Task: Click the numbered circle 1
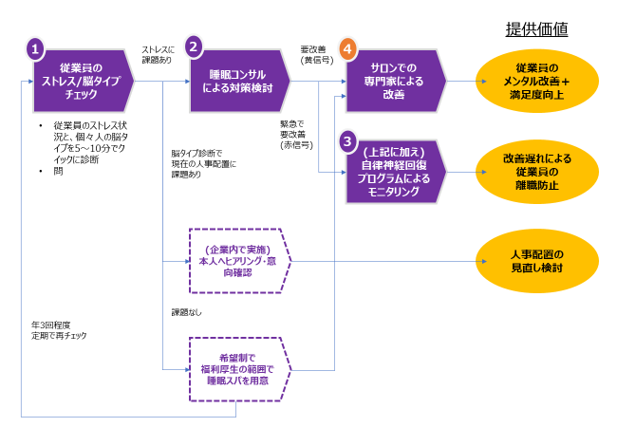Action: (x=36, y=47)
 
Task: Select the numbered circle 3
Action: (x=349, y=140)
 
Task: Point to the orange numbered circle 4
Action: (x=349, y=47)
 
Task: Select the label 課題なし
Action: (x=186, y=311)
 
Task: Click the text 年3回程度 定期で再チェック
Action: (x=59, y=329)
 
